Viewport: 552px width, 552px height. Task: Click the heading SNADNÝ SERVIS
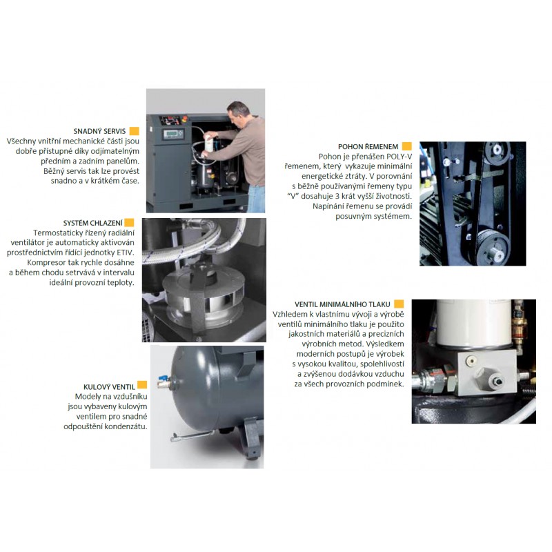[99, 131]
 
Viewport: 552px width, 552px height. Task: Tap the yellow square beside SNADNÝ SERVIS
[134, 131]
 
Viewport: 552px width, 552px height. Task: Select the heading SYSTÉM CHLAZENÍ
[93, 223]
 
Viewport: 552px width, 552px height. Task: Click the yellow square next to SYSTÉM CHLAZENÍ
[129, 222]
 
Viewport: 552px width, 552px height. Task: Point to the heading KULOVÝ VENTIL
[109, 387]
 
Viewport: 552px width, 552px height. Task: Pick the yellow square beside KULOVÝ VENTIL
[142, 385]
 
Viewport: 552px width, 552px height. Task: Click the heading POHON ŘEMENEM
[368, 147]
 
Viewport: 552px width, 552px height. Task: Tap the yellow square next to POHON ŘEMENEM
[406, 146]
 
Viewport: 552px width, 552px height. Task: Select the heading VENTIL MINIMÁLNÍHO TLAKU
[342, 304]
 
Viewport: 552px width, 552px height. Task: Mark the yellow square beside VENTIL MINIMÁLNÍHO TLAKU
[399, 304]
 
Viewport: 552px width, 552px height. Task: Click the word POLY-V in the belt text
[399, 157]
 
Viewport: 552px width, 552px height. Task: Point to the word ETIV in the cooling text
[126, 253]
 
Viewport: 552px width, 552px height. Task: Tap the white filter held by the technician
[209, 142]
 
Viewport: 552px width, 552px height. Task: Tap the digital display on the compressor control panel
[170, 134]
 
